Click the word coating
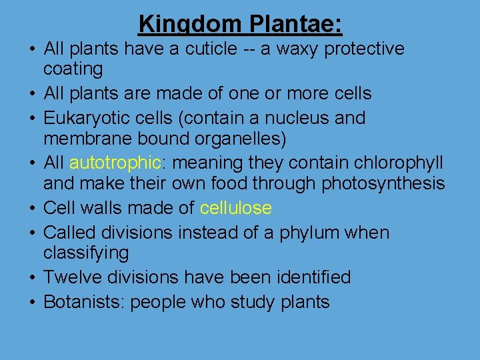[x=73, y=69]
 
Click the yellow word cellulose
[x=235, y=209]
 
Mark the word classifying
[x=86, y=253]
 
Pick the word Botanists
[x=83, y=302]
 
